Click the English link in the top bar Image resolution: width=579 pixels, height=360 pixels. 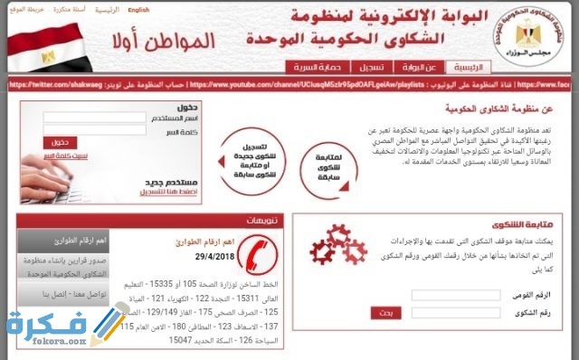pos(138,10)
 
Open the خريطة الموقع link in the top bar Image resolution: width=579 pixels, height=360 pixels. pos(24,10)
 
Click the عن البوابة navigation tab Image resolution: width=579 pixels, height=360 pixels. pos(421,67)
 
